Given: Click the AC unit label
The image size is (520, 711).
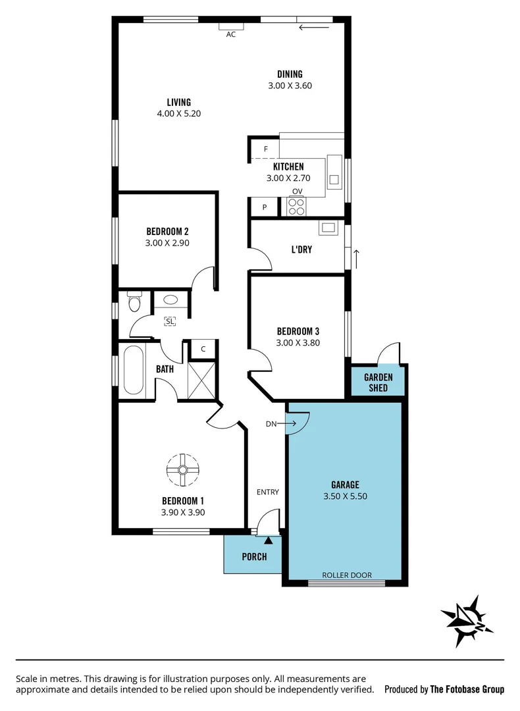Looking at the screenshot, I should point(231,34).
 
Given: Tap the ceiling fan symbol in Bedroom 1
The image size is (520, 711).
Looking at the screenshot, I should point(182,469).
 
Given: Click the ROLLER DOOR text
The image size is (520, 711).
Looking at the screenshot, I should point(347,575).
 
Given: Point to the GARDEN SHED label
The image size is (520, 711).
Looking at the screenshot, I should point(378,382).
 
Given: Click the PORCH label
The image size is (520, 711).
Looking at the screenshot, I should point(254,556).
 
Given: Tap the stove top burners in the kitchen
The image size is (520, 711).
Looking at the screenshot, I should point(296,207).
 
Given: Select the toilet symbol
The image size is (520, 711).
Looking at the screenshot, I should point(135,302).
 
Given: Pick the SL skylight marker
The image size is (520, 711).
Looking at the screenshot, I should point(170,321).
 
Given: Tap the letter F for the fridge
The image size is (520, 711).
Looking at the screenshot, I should point(266,149).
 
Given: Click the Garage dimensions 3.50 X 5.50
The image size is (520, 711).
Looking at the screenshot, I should point(346,496).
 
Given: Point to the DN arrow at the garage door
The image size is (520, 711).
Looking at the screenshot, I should point(280,424).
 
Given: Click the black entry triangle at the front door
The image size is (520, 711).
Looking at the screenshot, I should point(269,541).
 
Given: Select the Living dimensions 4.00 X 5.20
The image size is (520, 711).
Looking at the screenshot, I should point(178,113).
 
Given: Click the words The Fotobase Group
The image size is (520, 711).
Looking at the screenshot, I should point(467,689).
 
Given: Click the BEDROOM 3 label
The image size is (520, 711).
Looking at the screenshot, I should point(298,331).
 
